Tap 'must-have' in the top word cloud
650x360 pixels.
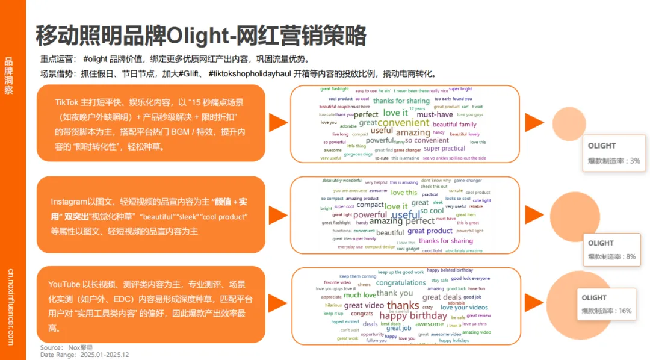[x=435, y=114]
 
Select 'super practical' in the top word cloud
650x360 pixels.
[x=444, y=148]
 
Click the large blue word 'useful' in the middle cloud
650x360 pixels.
[x=407, y=215]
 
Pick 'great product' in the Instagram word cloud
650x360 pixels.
[x=430, y=231]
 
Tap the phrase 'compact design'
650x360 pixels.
[x=380, y=247]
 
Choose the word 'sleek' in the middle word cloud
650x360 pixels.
[x=438, y=203]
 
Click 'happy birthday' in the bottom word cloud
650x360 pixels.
[x=413, y=315]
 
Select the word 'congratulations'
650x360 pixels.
[x=401, y=282]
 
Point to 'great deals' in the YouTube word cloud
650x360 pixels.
[x=442, y=297]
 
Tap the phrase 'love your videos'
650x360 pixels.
[x=464, y=308]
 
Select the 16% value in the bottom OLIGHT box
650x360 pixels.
[x=625, y=311]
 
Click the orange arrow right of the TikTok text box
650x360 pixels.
[x=277, y=122]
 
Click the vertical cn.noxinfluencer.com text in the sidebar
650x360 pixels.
[x=10, y=306]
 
